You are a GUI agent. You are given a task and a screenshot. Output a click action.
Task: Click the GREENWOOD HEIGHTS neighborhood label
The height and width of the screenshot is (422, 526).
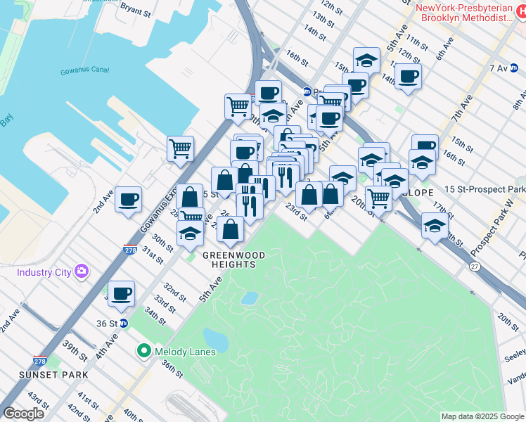(x=229, y=259)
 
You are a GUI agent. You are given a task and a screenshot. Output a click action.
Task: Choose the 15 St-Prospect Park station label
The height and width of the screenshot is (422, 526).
(x=485, y=190)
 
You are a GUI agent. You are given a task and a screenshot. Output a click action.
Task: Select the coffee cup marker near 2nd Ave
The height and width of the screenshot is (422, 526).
(x=128, y=199)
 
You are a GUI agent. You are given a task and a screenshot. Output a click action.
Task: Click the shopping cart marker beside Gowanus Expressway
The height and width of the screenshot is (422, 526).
(x=181, y=148)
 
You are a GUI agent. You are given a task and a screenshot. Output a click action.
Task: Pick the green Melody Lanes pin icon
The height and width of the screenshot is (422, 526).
(x=144, y=350)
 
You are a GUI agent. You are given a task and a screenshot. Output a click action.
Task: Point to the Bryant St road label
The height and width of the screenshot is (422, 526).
(x=136, y=10)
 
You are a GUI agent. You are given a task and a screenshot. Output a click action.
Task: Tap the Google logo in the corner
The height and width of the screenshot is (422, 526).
(x=25, y=414)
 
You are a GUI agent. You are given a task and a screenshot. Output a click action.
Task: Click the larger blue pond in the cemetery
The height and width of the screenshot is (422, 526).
(x=215, y=339)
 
